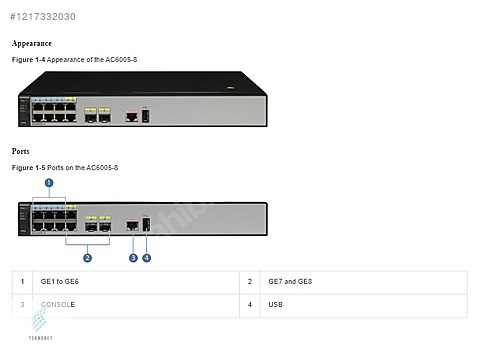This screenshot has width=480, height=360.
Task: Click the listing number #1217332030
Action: pos(41,17)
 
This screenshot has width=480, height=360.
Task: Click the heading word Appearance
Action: pos(32,44)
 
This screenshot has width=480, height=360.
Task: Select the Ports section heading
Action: pos(21,151)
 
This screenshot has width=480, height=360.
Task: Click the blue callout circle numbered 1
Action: pos(49,182)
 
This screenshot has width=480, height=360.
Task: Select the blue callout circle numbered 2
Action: pos(88,257)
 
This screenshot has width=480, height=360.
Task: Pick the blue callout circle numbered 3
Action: pos(133,257)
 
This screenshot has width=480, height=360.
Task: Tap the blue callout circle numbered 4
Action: pos(147,257)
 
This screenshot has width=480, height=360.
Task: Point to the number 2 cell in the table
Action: pos(249,282)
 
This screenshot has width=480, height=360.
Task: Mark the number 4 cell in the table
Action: pos(249,302)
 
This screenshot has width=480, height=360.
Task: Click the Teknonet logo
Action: pos(40,324)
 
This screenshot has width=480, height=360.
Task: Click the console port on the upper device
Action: pos(131,115)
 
